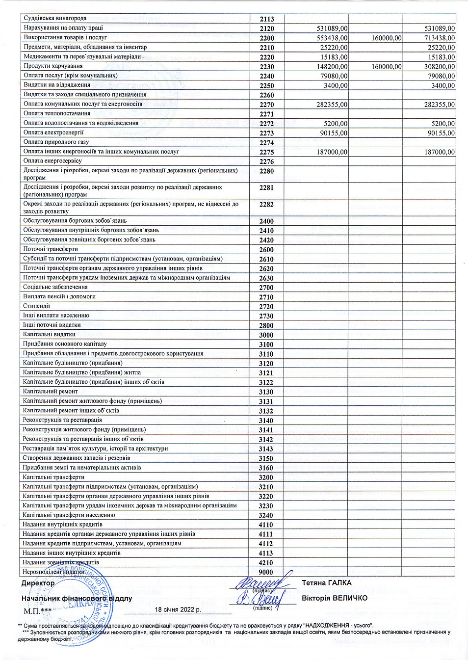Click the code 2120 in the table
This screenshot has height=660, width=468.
click(267, 28)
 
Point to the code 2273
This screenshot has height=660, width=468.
click(267, 133)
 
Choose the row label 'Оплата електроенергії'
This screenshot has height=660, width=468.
click(53, 132)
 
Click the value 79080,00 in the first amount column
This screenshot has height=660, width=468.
click(334, 76)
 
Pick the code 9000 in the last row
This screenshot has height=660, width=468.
click(266, 572)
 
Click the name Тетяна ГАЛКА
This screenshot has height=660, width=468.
click(327, 583)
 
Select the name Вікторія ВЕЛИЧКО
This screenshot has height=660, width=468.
click(335, 598)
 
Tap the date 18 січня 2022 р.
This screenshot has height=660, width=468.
click(178, 610)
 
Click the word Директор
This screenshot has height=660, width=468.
click(38, 583)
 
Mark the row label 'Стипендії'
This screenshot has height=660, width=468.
click(36, 306)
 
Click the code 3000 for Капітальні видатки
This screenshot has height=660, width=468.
click(266, 335)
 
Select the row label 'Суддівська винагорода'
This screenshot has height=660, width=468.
click(55, 18)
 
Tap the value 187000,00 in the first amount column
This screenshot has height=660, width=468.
click(332, 152)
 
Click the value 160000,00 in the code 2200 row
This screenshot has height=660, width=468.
click(387, 38)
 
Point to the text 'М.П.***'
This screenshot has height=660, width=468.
click(38, 611)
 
